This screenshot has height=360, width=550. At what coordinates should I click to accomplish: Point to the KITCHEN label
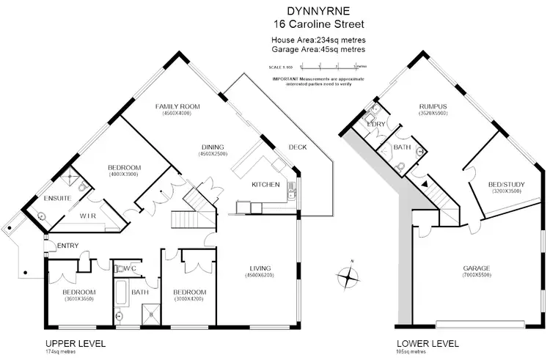265,184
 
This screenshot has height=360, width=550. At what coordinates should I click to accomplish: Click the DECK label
297,147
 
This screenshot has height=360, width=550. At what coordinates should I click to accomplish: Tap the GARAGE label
476,268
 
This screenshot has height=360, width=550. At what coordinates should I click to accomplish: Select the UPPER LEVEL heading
76,343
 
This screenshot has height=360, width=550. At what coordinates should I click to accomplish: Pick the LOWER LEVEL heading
428,343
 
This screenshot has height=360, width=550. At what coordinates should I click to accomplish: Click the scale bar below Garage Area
317,67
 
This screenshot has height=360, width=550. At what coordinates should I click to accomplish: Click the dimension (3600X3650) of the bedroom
78,299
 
